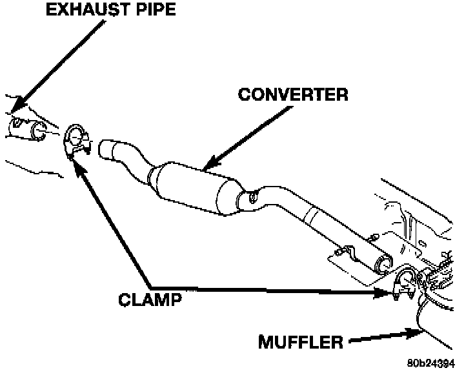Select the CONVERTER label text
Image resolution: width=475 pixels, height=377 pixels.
(293, 94)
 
